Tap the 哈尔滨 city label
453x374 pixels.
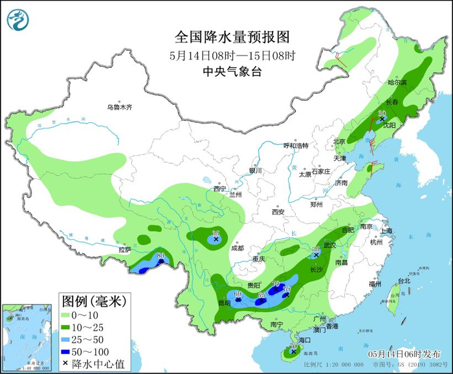(397, 83)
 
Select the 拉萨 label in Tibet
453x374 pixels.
(124, 249)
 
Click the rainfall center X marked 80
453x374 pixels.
(160, 262)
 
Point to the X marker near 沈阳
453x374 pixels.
(382, 119)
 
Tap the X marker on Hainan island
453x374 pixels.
(293, 352)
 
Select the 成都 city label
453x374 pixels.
(237, 248)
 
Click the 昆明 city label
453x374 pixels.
(224, 303)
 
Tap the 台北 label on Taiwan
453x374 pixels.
(403, 281)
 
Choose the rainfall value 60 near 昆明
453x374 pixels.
(238, 294)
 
